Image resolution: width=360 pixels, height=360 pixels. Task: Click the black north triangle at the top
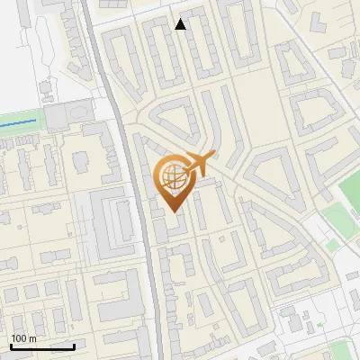(x=181, y=24)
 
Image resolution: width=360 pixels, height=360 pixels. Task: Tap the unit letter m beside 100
(x=31, y=338)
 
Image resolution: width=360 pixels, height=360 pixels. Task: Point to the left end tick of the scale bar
(x=11, y=346)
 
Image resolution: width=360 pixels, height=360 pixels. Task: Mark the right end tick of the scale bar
(x=74, y=346)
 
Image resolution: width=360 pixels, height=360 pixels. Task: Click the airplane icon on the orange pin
(x=196, y=164)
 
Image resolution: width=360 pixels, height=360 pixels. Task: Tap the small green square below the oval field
(x=332, y=244)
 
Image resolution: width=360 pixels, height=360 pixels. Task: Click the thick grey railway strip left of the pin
(x=144, y=225)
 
